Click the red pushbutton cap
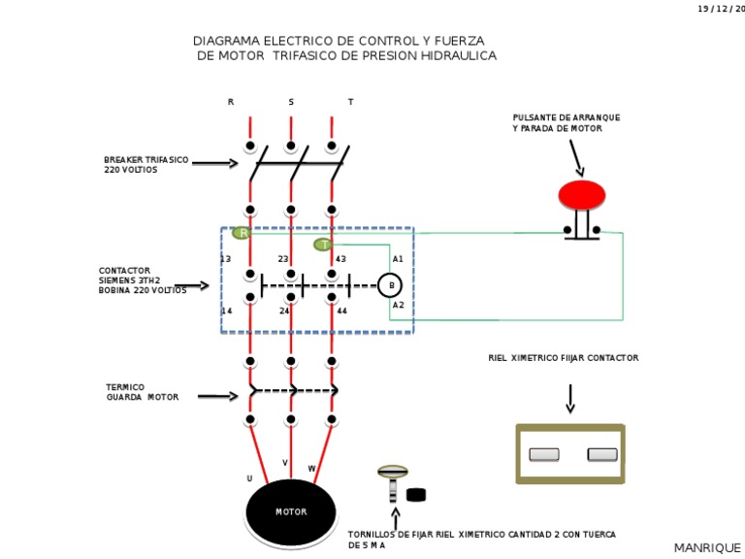coord(581,195)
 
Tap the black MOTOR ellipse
coord(290,511)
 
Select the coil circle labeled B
coord(389,284)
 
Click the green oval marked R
coord(242,233)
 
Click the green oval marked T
coord(323,245)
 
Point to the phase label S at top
coord(290,102)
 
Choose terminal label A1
coord(398,259)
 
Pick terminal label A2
coord(398,305)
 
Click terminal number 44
coord(341,312)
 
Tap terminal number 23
coord(283,259)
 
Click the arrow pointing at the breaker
coord(214,163)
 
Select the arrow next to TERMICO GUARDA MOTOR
coord(217,396)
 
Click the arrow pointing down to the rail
coord(570,398)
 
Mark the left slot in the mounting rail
coord(543,454)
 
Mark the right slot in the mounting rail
coord(602,454)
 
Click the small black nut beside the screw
coord(416,495)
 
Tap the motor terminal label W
coord(311,469)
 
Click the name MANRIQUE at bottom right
coord(706,548)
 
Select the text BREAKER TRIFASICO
coord(146,159)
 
